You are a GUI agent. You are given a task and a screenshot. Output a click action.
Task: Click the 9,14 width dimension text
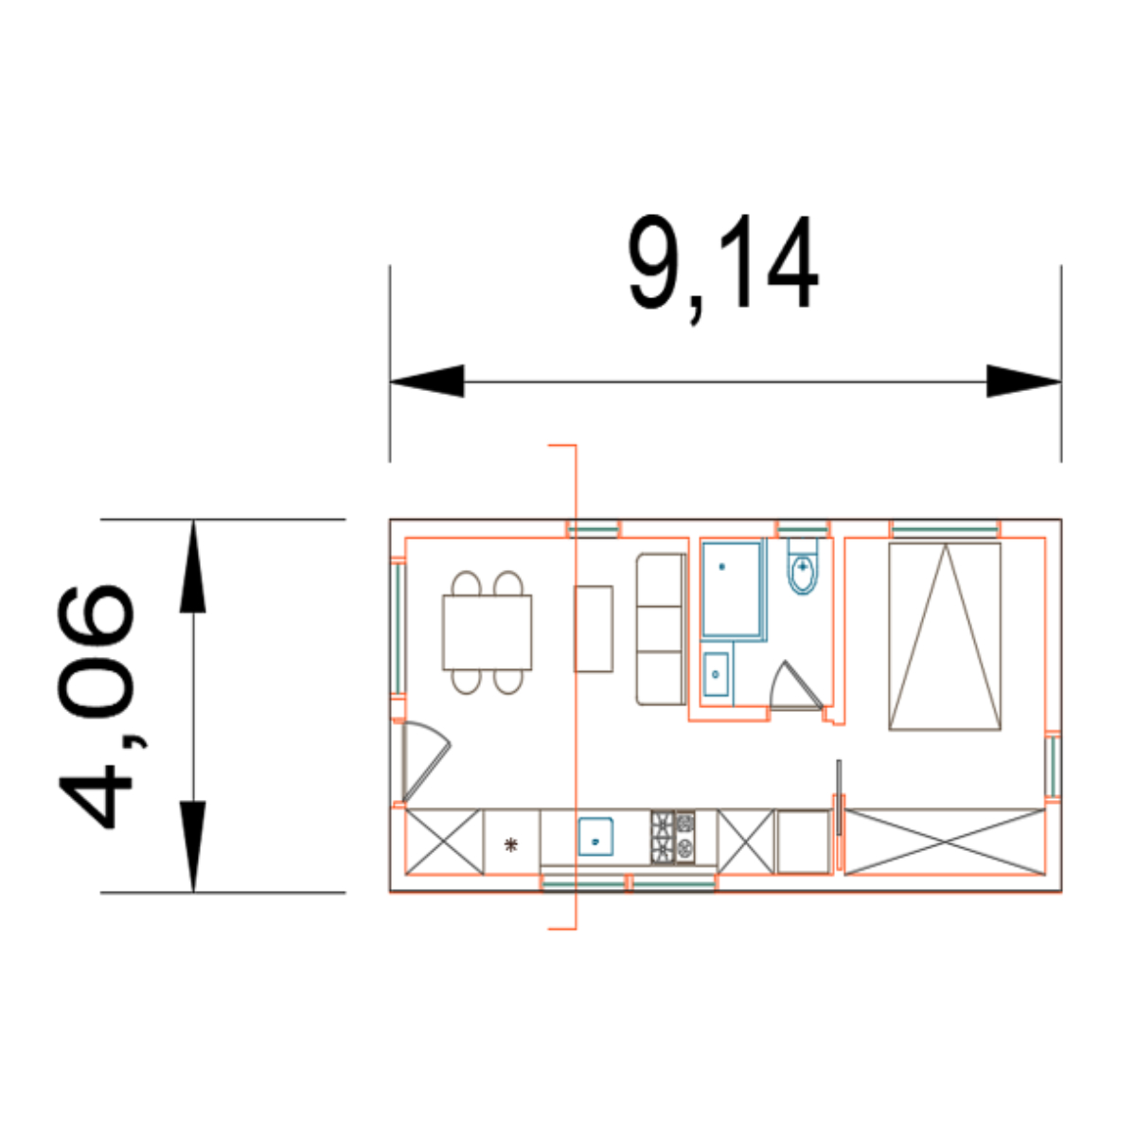[723, 268]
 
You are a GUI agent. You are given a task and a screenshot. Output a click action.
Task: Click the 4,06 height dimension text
[96, 706]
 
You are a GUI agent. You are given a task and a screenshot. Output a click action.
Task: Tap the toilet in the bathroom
[803, 566]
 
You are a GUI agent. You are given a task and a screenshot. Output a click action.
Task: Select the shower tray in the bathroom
[732, 590]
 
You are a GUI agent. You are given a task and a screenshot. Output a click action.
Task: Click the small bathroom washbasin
[716, 674]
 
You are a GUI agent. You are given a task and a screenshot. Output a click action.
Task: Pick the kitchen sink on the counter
[595, 836]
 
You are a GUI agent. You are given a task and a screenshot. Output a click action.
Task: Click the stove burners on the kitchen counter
[673, 838]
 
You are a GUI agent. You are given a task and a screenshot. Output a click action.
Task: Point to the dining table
[487, 632]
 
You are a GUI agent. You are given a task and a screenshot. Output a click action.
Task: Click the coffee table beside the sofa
[593, 629]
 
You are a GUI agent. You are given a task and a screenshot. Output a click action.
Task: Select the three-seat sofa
[661, 629]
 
